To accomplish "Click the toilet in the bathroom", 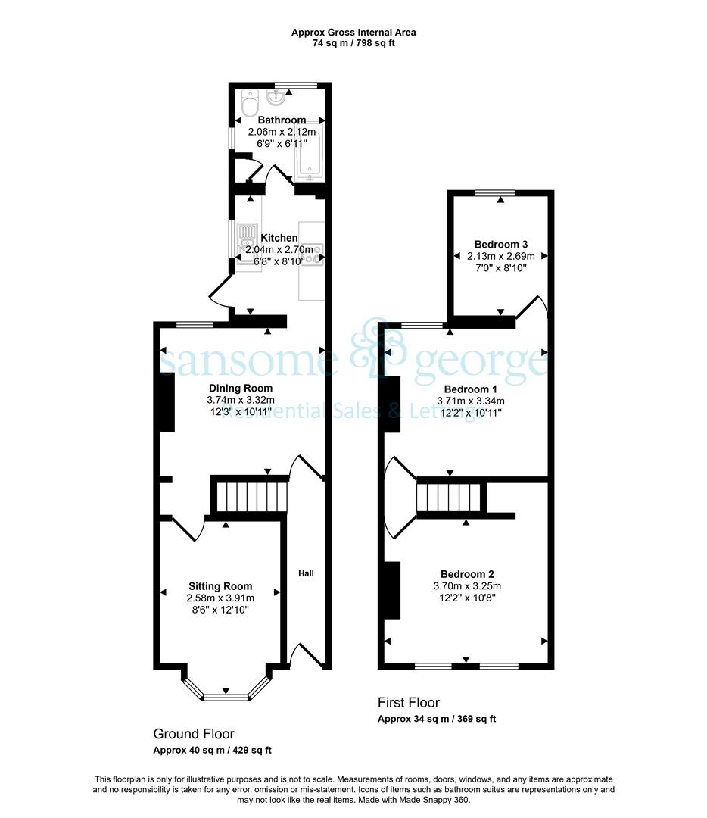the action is [x=251, y=103].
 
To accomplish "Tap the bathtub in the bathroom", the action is [x=310, y=151].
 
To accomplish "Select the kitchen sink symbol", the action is [x=247, y=242].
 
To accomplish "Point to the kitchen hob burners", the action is [x=313, y=254].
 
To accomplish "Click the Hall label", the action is [x=306, y=573].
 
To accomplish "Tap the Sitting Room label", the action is [x=220, y=585].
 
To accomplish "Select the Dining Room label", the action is [x=241, y=388].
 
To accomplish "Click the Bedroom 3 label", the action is [x=500, y=244].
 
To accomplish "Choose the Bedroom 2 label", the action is [x=467, y=574].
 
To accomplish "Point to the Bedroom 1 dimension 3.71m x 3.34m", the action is [x=470, y=401].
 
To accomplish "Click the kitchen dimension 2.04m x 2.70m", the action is [x=279, y=249].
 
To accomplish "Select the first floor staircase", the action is [x=448, y=498].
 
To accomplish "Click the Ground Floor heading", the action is [x=194, y=733].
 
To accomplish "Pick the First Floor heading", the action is [x=408, y=702].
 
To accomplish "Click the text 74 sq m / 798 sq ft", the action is [x=353, y=43].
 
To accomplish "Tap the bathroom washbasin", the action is [x=276, y=96].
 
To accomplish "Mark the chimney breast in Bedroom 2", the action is [x=392, y=590].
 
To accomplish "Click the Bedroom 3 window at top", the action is [x=495, y=193].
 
